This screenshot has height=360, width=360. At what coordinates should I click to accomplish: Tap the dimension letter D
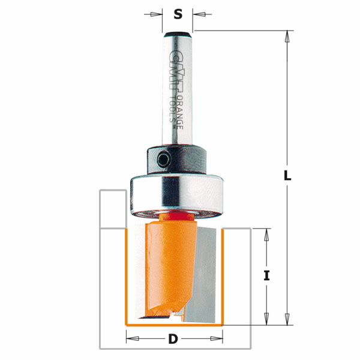click(x=173, y=340)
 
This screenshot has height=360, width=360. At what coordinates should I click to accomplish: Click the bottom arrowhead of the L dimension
click(x=287, y=319)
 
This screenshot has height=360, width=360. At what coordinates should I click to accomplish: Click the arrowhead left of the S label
click(x=159, y=13)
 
